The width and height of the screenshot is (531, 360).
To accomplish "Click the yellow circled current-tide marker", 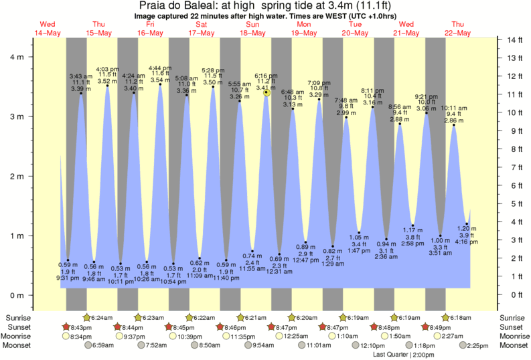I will (267, 92).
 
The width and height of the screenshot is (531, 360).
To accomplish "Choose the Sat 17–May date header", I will (201, 29).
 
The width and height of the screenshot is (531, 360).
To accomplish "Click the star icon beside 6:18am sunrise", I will (445, 317).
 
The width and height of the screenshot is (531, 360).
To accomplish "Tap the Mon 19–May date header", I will (304, 29).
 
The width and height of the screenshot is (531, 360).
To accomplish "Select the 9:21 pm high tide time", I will (427, 96).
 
